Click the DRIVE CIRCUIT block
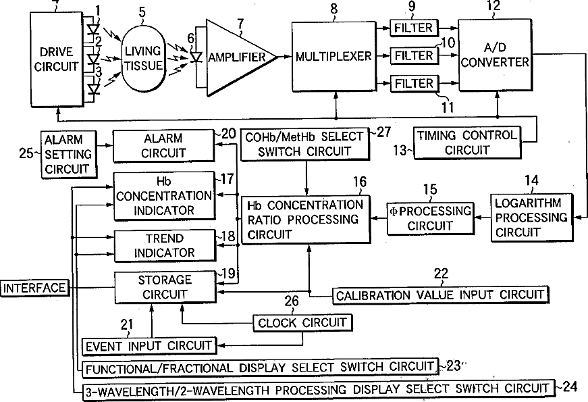[57, 59]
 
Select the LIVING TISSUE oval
[143, 59]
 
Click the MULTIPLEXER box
[333, 56]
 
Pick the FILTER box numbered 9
[414, 28]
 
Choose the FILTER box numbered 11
[414, 83]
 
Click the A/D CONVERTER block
[495, 55]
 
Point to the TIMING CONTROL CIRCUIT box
[467, 143]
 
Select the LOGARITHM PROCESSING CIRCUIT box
[532, 218]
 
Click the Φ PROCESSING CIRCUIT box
[431, 219]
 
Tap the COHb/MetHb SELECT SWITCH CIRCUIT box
[304, 144]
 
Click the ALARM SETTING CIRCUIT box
[68, 154]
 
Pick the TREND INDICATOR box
[165, 246]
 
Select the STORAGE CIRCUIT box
[165, 288]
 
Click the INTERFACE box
[34, 288]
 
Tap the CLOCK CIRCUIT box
[302, 323]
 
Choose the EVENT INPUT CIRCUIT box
[149, 346]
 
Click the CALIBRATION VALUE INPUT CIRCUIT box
[440, 295]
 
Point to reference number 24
[570, 386]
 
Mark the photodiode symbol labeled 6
[196, 57]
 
